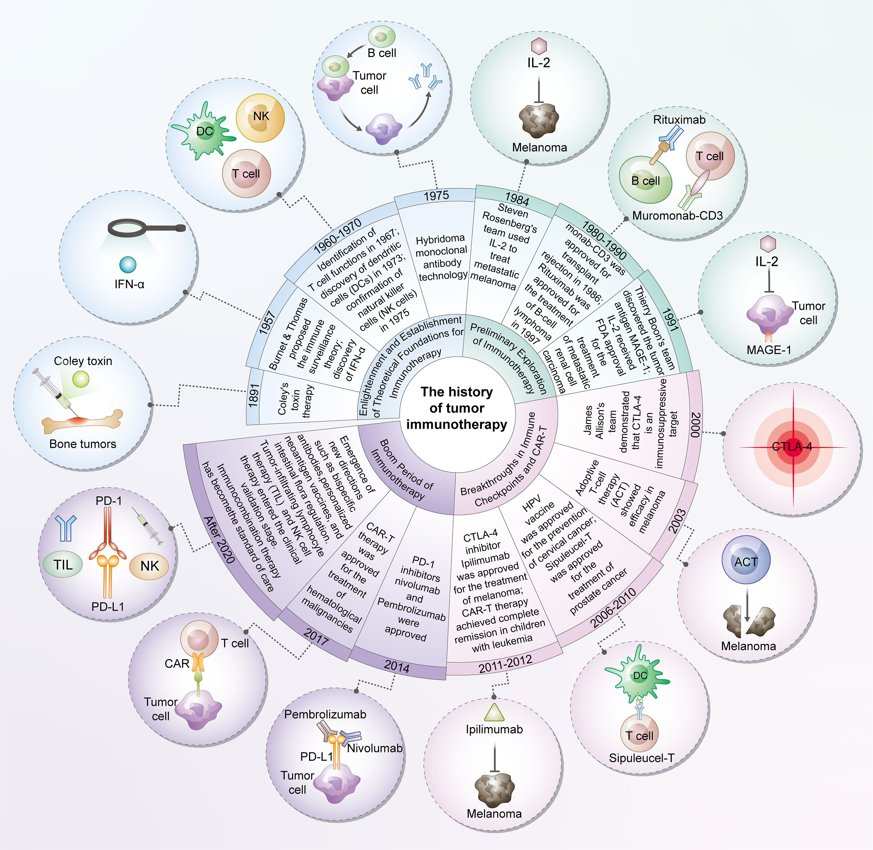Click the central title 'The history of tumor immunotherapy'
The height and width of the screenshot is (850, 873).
click(456, 408)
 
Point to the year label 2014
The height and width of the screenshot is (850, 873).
click(396, 667)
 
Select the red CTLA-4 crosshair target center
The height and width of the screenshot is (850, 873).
click(793, 446)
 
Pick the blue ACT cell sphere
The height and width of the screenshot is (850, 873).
click(746, 562)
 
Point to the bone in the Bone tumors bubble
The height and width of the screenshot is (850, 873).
click(82, 421)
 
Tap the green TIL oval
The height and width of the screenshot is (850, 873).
click(63, 565)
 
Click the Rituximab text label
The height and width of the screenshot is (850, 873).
click(679, 120)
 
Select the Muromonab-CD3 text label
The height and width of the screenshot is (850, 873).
click(677, 216)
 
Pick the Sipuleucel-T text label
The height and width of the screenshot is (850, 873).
click(641, 758)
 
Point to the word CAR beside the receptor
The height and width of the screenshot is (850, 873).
click(177, 664)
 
